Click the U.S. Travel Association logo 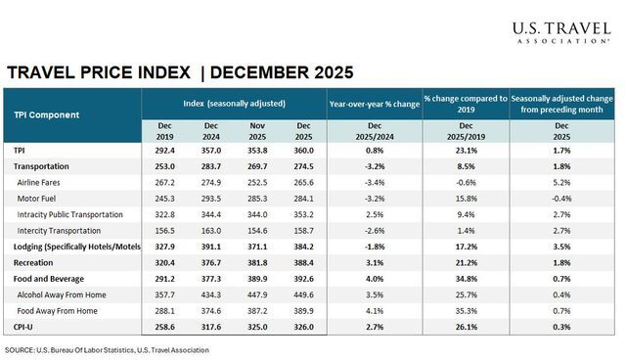pos(560,32)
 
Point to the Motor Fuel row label pos(42,198)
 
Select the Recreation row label pos(36,261)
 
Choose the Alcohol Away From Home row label pos(71,292)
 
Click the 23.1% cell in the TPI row pos(466,151)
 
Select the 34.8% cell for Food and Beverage pos(466,277)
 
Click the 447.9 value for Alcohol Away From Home pos(255,292)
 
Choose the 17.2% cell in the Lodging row pos(466,246)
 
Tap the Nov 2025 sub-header pos(255,131)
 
